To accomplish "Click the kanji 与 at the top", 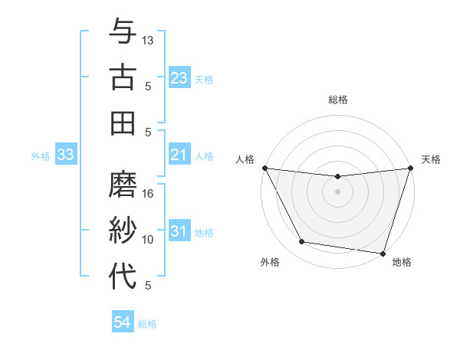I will point(123,32).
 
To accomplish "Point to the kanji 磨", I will point(123,185).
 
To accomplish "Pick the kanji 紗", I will point(123,231).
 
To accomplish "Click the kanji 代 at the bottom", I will point(123,276).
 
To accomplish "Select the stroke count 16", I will point(149,194).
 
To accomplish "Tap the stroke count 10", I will point(149,240).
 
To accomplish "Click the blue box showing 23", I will point(179,78).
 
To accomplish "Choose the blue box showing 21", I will point(179,155).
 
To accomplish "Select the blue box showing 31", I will point(179,232).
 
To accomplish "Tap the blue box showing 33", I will point(65,155).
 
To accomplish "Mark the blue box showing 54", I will point(122,323).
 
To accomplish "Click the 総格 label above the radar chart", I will point(338,100).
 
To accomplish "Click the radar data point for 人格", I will point(264,168).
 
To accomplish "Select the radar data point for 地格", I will point(383,253).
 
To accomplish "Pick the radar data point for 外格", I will point(302,242).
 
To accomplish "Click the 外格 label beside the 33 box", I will point(41,156).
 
